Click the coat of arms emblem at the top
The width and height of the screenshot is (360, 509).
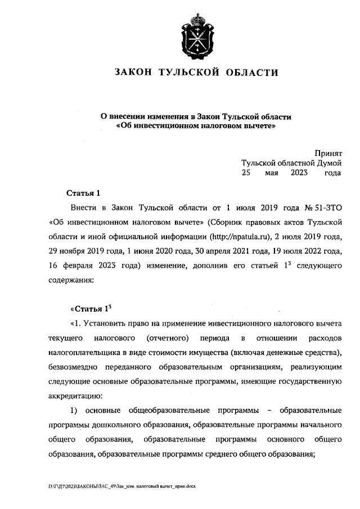196,35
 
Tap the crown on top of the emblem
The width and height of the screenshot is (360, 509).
196,19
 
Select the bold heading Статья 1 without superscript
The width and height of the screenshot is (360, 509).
83,192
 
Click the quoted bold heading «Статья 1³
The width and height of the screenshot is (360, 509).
92,309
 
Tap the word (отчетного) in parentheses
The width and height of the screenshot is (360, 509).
168,338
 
